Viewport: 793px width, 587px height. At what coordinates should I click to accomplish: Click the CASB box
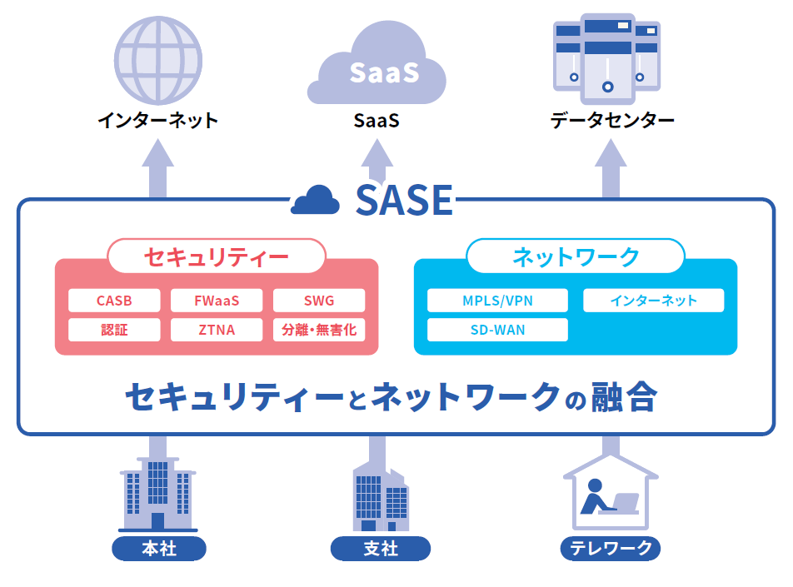[x=114, y=301]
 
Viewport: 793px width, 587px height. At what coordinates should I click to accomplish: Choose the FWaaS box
[x=217, y=301]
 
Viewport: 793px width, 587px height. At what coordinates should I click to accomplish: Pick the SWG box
[x=319, y=301]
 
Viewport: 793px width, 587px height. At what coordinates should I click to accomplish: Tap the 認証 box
[x=114, y=330]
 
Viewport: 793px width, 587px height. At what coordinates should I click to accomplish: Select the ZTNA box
[x=217, y=330]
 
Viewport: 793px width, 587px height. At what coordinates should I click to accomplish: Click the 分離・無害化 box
[x=319, y=330]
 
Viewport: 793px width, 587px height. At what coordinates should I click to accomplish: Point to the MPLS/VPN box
[x=497, y=301]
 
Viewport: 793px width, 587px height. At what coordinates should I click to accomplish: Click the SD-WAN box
[x=497, y=330]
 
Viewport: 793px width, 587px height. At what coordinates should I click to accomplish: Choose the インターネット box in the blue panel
[x=653, y=301]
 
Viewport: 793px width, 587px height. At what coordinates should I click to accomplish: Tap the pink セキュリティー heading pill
[x=217, y=256]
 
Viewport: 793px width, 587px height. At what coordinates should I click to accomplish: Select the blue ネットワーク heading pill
[x=576, y=256]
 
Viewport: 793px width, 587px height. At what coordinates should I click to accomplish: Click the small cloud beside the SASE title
[x=315, y=201]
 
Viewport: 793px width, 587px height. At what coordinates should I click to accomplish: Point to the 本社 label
[x=158, y=550]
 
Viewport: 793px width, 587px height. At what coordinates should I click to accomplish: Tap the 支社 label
[x=381, y=550]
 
